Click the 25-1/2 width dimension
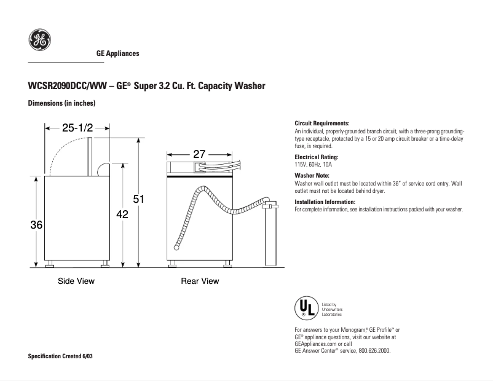pyautogui.click(x=77, y=128)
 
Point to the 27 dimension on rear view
pyautogui.click(x=199, y=154)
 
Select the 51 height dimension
pyautogui.click(x=139, y=198)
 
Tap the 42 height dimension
pyautogui.click(x=122, y=214)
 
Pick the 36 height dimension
pyautogui.click(x=36, y=226)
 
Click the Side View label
pyautogui.click(x=76, y=281)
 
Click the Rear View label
pyautogui.click(x=200, y=281)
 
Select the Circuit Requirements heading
pyautogui.click(x=322, y=124)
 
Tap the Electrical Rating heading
pyautogui.click(x=317, y=158)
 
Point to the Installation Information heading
pyautogui.click(x=325, y=202)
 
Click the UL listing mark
pyautogui.click(x=306, y=307)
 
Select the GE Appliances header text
pyautogui.click(x=118, y=53)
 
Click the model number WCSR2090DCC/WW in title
pyautogui.click(x=67, y=86)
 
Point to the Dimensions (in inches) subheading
pyautogui.click(x=61, y=103)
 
